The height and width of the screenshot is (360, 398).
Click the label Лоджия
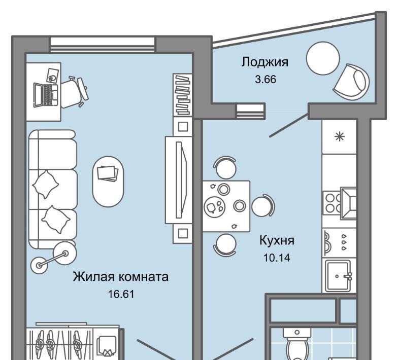point(265,62)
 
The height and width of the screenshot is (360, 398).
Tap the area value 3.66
point(266,80)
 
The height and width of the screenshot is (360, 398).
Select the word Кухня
point(277,240)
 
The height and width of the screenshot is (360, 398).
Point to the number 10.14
point(277,258)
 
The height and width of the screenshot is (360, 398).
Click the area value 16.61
point(121,294)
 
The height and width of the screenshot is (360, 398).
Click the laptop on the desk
point(46,95)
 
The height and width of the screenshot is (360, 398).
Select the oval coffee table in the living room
point(108,182)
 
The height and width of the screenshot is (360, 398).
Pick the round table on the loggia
point(323,58)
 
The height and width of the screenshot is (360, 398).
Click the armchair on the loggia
point(351,82)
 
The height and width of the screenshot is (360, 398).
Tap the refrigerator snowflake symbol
point(339,137)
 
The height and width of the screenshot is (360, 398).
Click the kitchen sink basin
point(338,276)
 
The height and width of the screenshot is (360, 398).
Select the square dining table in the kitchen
point(226,206)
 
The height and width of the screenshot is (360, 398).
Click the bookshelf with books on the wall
point(183,95)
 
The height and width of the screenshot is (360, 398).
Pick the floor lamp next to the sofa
point(53,258)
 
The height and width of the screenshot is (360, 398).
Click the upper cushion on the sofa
point(46,184)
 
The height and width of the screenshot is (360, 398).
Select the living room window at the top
point(103,45)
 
